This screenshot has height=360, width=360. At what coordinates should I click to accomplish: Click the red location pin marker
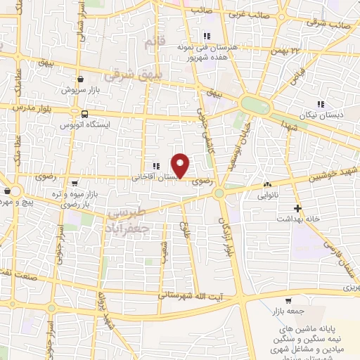click(181, 165)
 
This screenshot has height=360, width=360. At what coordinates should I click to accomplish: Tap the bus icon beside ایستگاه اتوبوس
click(84, 114)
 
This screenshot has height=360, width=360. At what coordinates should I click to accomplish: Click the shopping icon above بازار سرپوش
click(83, 79)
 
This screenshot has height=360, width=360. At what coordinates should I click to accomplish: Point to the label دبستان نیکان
click(330, 115)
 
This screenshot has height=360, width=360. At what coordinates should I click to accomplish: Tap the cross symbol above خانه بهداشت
click(297, 208)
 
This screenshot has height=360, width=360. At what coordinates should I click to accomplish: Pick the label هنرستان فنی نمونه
click(210, 47)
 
